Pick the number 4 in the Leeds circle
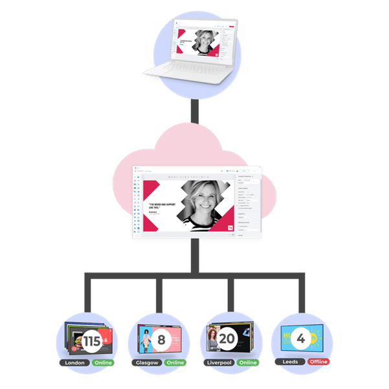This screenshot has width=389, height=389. (300, 339)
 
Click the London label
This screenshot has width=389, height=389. (76, 362)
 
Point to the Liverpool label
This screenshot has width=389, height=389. (219, 362)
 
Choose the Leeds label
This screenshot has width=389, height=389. (290, 362)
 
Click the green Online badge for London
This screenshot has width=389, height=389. (103, 362)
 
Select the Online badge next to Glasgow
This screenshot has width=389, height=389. (175, 362)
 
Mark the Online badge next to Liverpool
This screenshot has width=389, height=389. (248, 362)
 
